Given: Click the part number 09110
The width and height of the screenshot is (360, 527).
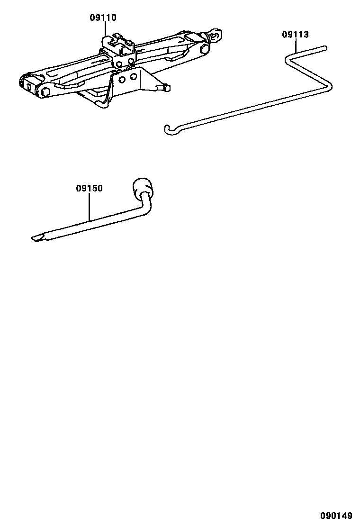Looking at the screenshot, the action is coord(103,18).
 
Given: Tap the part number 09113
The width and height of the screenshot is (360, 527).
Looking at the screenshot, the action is coord(295,35).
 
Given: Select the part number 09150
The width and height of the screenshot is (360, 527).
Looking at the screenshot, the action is coord(89,188).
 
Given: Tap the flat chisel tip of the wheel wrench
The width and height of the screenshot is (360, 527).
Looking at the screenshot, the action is coord(36,238).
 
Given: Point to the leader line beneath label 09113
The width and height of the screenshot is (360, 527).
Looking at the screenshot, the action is coord(296,45).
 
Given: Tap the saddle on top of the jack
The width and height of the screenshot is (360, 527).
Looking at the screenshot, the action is coord(119,41).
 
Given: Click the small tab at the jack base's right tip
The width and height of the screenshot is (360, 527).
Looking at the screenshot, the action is coord(166,87).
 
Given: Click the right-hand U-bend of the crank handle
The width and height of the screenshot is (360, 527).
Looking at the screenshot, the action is coord(329,86).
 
